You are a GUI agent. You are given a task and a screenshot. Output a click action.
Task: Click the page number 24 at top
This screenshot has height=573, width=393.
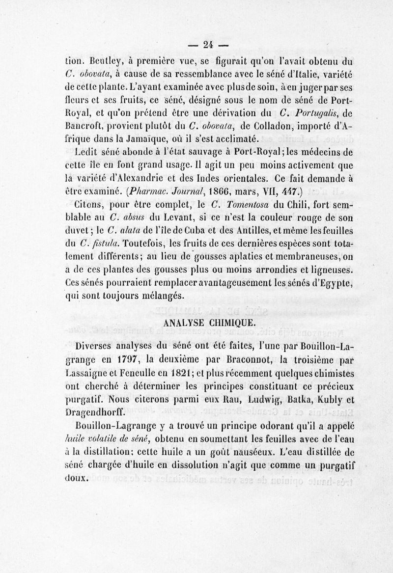click(208, 44)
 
